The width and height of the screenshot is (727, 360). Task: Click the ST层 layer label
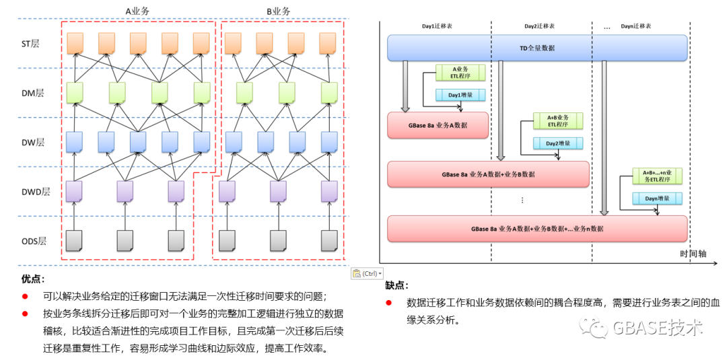[x=30, y=44]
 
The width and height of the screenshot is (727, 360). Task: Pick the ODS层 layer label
[x=32, y=240]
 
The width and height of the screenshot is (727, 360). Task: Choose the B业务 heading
[x=278, y=11]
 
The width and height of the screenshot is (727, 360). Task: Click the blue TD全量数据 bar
[x=536, y=48]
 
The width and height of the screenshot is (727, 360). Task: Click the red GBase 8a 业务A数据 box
[x=438, y=125]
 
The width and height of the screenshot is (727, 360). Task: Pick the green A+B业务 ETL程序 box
[x=557, y=120]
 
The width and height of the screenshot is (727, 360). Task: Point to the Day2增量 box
[x=557, y=143]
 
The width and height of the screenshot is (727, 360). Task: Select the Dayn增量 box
[x=656, y=199]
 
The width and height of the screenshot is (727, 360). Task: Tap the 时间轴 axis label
[x=695, y=253]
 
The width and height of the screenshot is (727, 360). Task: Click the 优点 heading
[x=33, y=279]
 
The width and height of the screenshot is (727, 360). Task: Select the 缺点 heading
[x=396, y=285]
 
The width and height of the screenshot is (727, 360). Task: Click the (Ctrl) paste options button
[x=368, y=273]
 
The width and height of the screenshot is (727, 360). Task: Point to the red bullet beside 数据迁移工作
[x=388, y=303]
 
